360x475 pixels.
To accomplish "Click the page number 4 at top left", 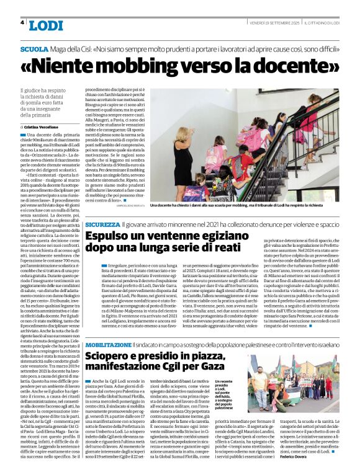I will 22,22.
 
